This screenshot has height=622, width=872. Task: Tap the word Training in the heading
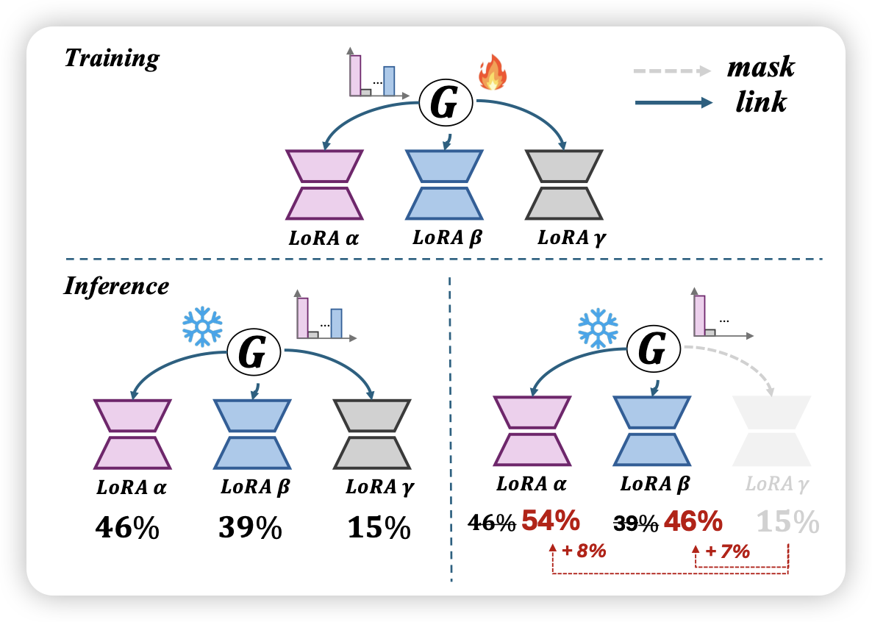(x=111, y=57)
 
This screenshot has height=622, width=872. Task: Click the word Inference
(x=116, y=285)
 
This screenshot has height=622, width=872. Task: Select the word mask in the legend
(x=760, y=68)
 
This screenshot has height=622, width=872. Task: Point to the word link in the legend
(x=761, y=101)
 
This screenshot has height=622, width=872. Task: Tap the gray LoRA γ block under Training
(x=565, y=185)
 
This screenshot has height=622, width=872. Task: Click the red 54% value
(x=551, y=521)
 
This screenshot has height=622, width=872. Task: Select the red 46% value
(x=693, y=521)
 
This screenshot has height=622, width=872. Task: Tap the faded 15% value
(x=787, y=523)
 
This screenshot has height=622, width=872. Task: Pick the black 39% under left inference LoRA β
(x=250, y=528)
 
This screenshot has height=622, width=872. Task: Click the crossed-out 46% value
(x=493, y=523)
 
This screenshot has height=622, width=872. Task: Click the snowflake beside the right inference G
(x=598, y=327)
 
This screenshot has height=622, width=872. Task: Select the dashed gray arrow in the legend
(x=671, y=71)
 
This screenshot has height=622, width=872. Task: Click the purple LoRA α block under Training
(x=324, y=185)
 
